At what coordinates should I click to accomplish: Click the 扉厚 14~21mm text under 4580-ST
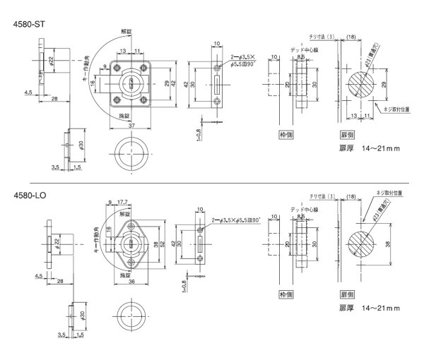click(370, 149)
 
